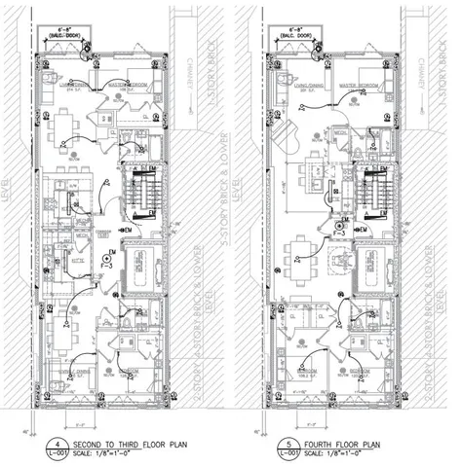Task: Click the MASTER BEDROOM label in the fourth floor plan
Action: (x=358, y=85)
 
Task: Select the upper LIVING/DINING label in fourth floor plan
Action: (x=298, y=85)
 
